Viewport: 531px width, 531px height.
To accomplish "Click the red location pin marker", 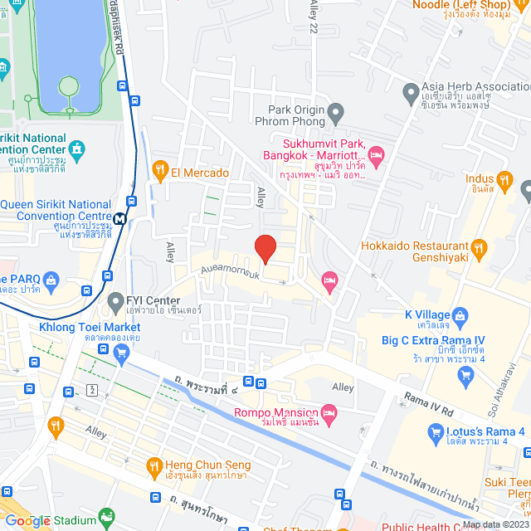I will click(265, 248).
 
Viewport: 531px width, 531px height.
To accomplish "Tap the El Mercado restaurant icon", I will click(161, 173).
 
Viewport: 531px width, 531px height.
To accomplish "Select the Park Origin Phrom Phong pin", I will click(335, 111).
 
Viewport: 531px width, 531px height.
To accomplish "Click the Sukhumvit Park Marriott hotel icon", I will click(376, 153).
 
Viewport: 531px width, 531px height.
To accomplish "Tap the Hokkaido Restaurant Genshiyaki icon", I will click(478, 247).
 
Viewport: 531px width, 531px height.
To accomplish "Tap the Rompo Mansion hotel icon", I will click(329, 412).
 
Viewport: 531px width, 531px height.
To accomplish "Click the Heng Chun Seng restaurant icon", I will click(153, 466).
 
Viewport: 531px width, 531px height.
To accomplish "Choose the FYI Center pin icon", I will click(114, 300).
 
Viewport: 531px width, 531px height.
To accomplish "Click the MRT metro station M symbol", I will click(120, 219).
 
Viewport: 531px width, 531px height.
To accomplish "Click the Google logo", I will click(27, 521).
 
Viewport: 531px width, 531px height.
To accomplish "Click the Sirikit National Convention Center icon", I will click(77, 149).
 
